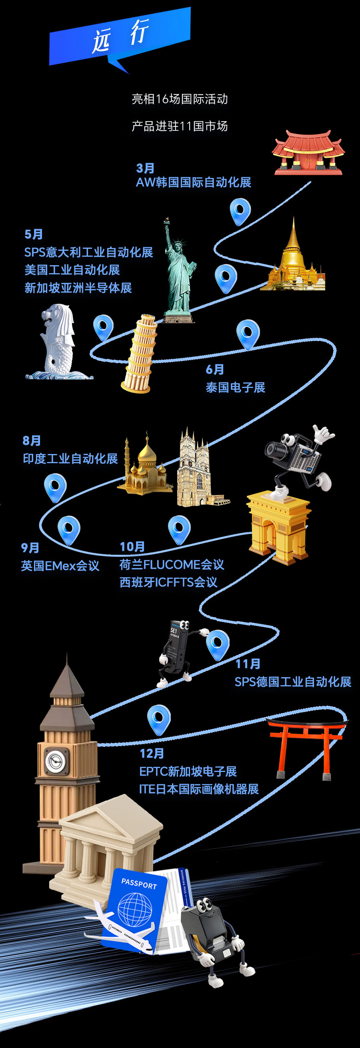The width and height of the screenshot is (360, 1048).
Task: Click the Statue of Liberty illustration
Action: click(x=179, y=272)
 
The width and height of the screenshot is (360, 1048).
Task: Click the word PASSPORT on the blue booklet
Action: click(x=139, y=884)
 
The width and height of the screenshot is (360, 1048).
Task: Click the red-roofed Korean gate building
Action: click(x=308, y=152)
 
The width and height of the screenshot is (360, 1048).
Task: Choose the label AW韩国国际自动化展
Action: click(x=194, y=182)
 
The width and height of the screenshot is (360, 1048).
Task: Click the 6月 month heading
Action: click(x=215, y=370)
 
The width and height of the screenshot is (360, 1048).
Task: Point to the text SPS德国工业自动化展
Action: click(x=293, y=682)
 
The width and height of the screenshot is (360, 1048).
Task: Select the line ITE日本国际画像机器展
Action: click(x=199, y=789)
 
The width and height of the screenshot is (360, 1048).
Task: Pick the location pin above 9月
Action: click(x=69, y=529)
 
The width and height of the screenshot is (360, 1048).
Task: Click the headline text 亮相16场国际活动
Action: click(x=180, y=99)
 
